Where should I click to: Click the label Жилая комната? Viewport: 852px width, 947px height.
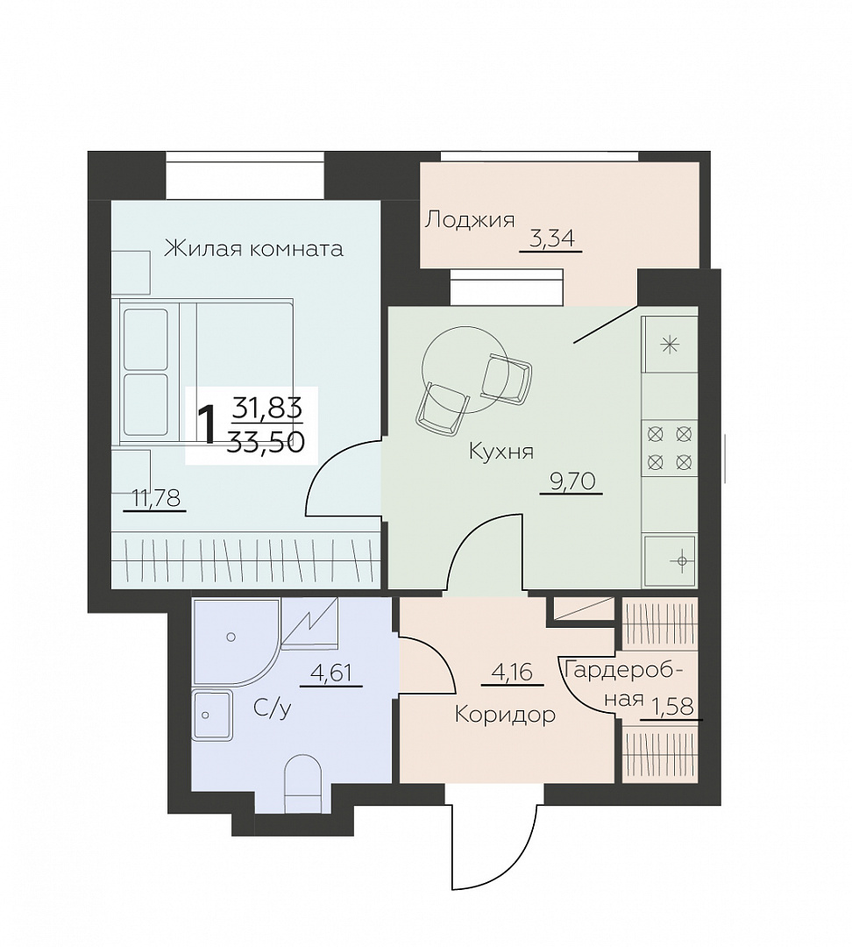pos(253,248)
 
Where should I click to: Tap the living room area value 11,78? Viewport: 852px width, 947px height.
pos(156,498)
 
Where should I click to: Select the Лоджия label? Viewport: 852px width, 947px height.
pos(469,220)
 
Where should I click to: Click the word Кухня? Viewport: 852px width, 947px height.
pos(501,452)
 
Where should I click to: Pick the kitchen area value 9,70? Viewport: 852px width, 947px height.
pos(572,481)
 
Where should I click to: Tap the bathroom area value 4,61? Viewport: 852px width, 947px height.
pos(331,673)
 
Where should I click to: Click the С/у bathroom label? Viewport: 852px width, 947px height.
pos(273,708)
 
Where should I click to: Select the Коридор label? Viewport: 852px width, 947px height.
pos(505,716)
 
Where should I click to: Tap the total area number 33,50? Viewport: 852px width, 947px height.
pos(266,444)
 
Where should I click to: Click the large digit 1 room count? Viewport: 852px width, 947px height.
pos(207,426)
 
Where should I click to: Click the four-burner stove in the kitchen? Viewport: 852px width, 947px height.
pos(669,448)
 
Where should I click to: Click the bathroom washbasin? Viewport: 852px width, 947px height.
pos(212,716)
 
